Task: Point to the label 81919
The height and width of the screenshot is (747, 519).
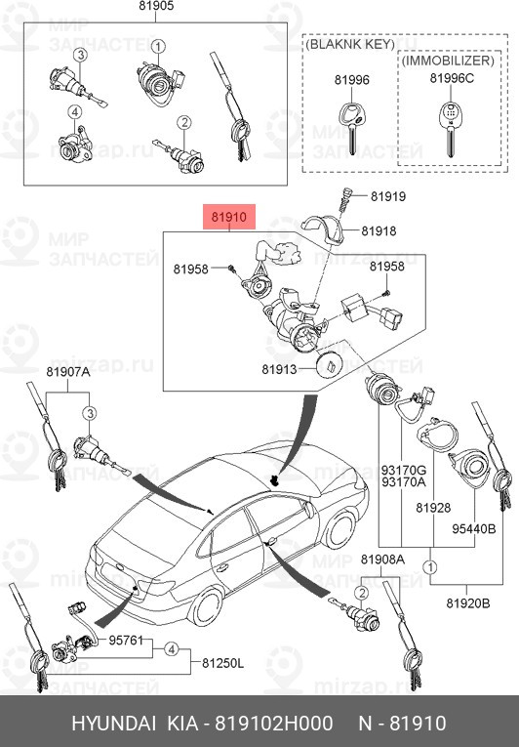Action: [x=387, y=196]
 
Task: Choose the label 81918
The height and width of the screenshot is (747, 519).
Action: [x=378, y=230]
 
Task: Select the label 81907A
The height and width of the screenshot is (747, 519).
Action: [x=67, y=371]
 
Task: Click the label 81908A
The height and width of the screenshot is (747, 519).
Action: [x=381, y=559]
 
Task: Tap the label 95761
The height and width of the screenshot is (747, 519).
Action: [x=126, y=642]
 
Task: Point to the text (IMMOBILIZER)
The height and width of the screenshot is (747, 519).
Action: [x=448, y=60]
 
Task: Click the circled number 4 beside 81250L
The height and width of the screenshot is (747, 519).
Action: [x=171, y=648]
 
